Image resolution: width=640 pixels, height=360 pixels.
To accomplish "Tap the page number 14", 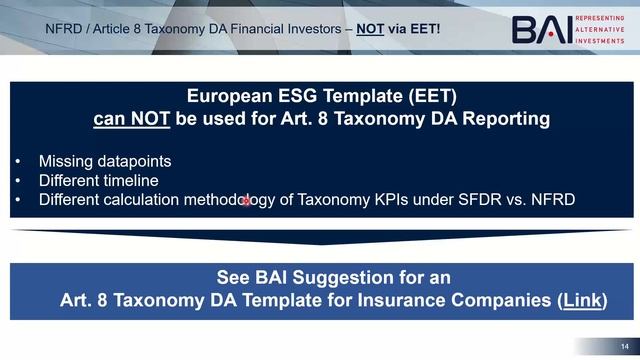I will pos(622,346).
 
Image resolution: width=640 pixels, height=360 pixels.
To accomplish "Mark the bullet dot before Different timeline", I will pos(19,181).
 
